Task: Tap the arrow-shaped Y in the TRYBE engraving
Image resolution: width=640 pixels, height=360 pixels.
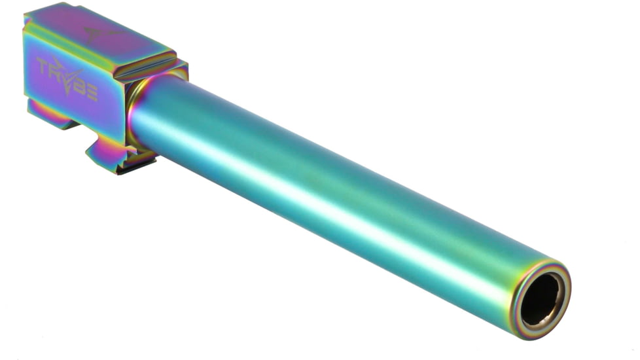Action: [x=69, y=77]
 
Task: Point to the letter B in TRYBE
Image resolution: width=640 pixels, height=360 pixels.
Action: [x=80, y=85]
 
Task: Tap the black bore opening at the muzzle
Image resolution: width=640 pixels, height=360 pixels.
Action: [x=541, y=299]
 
